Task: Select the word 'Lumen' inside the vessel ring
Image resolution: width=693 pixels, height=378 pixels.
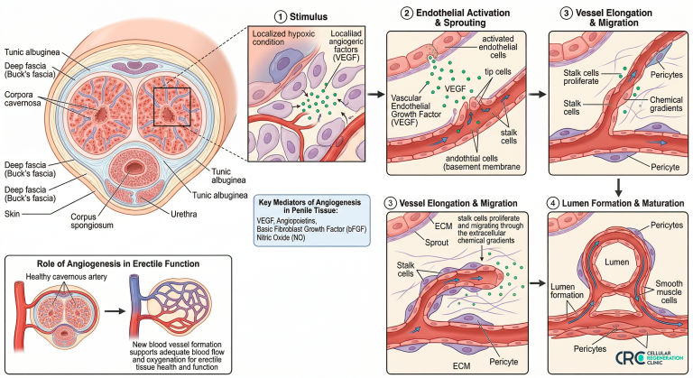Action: click(616, 262)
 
